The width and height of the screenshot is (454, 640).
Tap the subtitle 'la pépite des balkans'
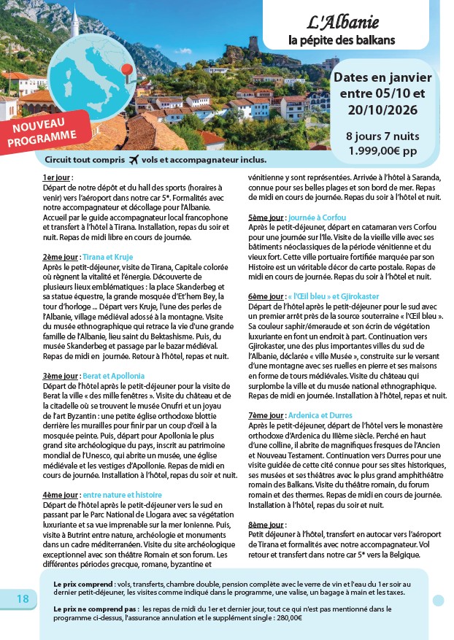click(x=342, y=39)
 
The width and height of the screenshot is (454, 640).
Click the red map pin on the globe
click(x=128, y=70)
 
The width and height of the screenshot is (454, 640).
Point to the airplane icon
click(x=134, y=160)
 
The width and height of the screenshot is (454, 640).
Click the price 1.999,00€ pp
click(x=382, y=151)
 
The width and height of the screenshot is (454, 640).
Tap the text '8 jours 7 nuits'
click(x=382, y=136)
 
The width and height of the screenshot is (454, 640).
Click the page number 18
click(x=23, y=598)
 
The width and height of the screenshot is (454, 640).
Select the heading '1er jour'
click(x=58, y=177)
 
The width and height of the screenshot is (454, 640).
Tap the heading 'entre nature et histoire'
click(x=122, y=495)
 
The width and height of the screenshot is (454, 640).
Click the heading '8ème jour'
click(x=266, y=525)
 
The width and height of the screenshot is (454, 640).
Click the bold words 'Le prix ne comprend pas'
click(x=96, y=608)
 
